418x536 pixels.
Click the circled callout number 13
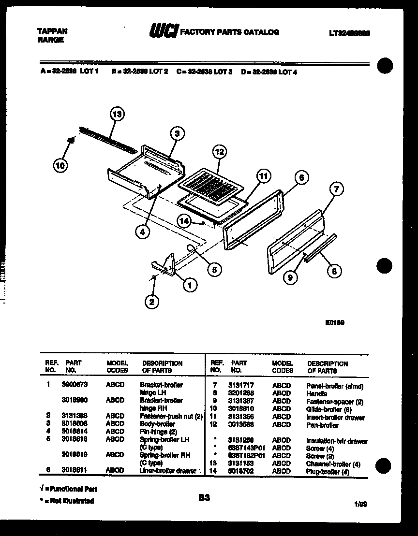[117, 115]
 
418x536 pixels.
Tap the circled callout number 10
[60, 166]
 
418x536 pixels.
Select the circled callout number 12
[219, 152]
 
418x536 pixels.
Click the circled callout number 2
[152, 302]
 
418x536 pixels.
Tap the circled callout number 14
[184, 221]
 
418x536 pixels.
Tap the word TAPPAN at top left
[52, 31]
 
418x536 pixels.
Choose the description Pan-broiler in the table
[322, 425]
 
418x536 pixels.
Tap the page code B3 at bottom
[204, 496]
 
